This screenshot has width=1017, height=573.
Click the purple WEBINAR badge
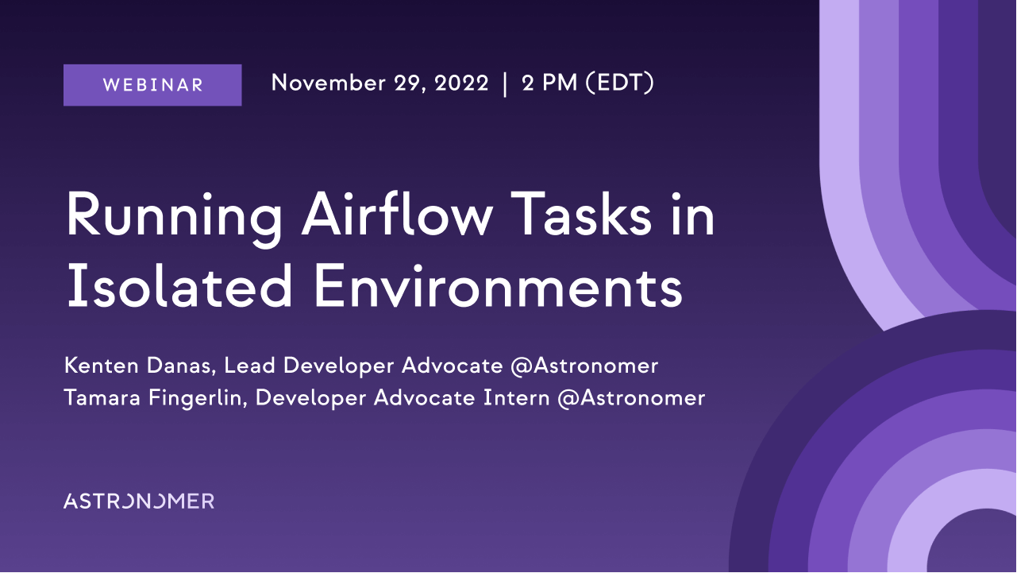[152, 85]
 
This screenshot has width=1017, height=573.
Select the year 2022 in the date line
[461, 83]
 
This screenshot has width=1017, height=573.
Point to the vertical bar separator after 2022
[505, 84]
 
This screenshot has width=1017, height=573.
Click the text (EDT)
[620, 83]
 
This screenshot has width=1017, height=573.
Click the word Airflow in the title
[397, 214]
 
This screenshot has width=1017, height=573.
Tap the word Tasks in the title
[580, 214]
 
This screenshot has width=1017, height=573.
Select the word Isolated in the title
[179, 286]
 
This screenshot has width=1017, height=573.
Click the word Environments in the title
[498, 287]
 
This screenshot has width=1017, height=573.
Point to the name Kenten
[102, 366]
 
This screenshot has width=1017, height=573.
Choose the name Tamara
[102, 397]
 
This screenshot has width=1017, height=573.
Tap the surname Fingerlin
[198, 398]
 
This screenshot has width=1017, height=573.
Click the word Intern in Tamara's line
[516, 397]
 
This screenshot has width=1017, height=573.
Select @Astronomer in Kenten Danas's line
[584, 366]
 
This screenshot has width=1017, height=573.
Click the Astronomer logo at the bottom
[139, 501]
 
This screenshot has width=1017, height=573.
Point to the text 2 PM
[549, 83]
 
